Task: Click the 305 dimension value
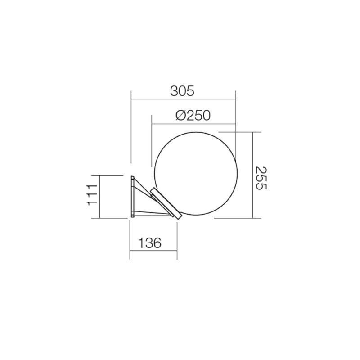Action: point(182,91)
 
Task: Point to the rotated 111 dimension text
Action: point(92,194)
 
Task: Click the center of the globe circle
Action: point(194,173)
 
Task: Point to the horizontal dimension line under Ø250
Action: point(193,124)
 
